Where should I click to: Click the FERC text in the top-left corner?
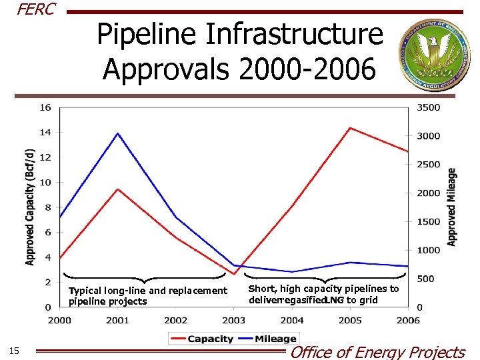tap(35, 10)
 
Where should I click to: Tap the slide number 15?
tap(15, 351)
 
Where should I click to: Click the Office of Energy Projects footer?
tap(377, 351)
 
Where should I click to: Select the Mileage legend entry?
tap(267, 339)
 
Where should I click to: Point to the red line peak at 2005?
tap(350, 128)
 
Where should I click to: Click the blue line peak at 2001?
tap(118, 133)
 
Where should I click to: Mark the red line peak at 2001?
tap(118, 189)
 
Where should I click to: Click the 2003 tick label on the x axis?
tap(233, 321)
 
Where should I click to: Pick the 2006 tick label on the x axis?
tap(408, 321)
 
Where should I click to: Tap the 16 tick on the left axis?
tap(45, 107)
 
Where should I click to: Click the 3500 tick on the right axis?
tap(429, 107)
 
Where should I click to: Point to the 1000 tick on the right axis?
tap(429, 250)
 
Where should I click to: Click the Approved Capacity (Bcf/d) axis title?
tap(29, 207)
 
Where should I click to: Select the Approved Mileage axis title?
tap(452, 207)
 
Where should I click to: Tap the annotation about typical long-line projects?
tap(147, 296)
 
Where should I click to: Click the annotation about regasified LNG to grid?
tap(323, 294)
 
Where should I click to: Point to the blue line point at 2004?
tap(292, 271)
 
